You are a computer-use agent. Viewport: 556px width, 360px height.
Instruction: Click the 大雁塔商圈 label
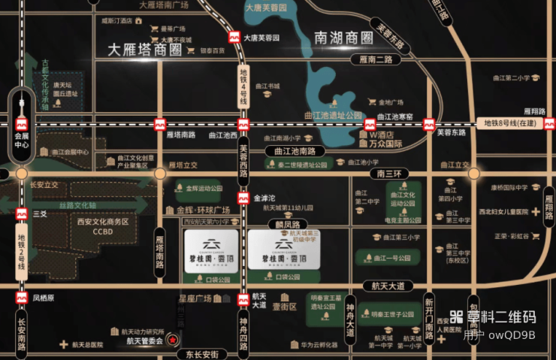[145, 50]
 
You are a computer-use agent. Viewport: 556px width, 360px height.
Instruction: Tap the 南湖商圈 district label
[344, 37]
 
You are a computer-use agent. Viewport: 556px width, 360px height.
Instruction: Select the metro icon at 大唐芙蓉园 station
[236, 36]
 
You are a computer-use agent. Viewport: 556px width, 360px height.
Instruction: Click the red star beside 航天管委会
[173, 340]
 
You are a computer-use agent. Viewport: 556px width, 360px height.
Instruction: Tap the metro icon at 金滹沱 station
[243, 199]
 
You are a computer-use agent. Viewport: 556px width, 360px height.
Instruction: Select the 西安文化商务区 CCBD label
[103, 226]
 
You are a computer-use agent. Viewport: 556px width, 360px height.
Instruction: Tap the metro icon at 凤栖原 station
[21, 298]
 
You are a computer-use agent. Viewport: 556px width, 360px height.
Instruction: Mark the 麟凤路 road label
[287, 225]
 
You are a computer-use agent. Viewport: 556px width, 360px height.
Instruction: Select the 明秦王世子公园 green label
[388, 314]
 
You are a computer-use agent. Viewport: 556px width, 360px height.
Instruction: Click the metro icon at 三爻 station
[21, 213]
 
